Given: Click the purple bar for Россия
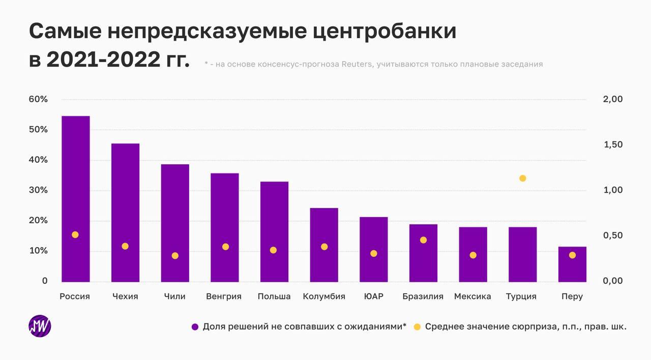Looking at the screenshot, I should pos(75,198).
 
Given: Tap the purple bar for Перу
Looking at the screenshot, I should pos(572,264).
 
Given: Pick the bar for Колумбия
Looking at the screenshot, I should pos(324,245).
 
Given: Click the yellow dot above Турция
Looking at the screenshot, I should pos(522,178).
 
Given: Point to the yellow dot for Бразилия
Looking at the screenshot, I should pos(423,240).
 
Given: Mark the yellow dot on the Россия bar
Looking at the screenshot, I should pos(75,235).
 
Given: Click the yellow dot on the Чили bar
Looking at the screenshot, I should pos(175,256).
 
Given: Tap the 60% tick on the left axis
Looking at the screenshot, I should pos(38,99).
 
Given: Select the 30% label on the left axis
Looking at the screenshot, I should pos(38,190).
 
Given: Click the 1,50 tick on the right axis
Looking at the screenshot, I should pos(612,145).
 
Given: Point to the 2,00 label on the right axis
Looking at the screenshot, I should pos(612,99).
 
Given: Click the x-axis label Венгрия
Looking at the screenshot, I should pos(224,296).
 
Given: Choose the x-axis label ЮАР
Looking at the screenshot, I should pos(374,296).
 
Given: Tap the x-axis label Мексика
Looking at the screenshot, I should pos(472,296).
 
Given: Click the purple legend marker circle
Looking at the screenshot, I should pos(195,327).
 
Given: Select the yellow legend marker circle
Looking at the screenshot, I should pos(417,327).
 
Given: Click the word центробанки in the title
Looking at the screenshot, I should pos(384,32).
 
